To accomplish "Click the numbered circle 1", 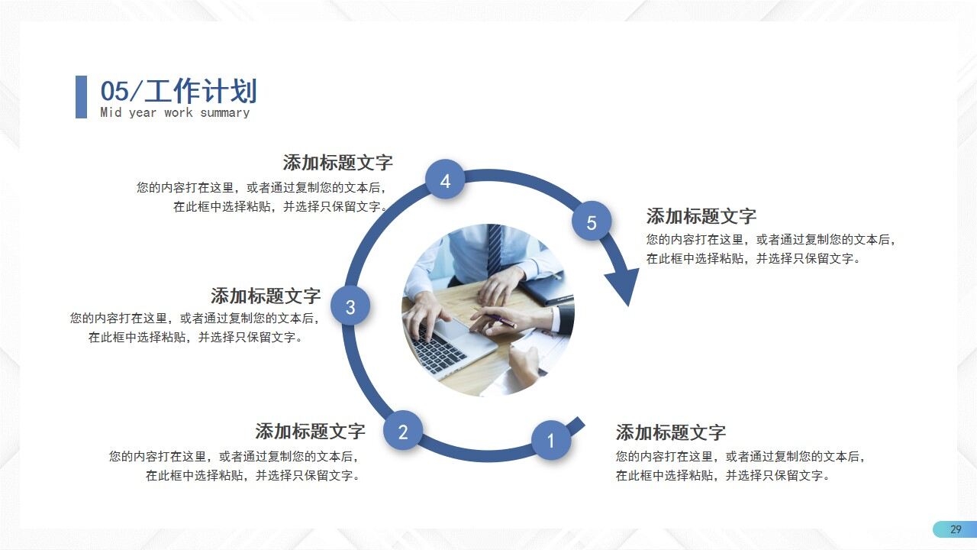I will [550, 441].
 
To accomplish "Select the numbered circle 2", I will [403, 432].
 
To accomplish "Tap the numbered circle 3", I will [350, 307].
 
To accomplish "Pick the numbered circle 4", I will [445, 181].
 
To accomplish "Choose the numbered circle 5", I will [592, 222].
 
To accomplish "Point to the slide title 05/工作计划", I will [179, 92].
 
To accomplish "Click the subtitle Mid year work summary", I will [175, 113].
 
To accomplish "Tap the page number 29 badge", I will [955, 529].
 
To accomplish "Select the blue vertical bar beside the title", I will [81, 97].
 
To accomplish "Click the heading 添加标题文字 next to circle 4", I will [337, 163].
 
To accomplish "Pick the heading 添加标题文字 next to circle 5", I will [701, 216].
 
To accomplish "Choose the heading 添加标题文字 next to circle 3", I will [266, 296].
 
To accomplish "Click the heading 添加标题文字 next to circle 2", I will [310, 432].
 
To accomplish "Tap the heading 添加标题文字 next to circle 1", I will [671, 433].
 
